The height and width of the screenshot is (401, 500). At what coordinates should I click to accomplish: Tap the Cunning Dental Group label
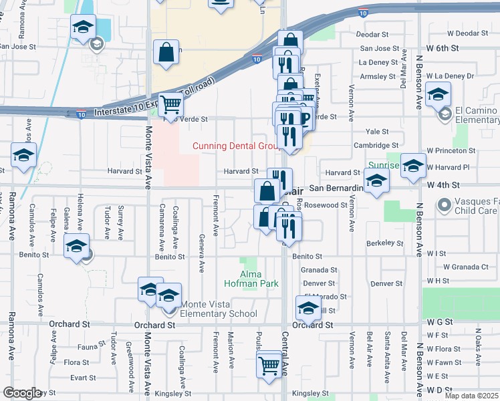[x=235, y=146]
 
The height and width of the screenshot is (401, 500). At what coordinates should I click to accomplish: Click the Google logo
[x=22, y=393]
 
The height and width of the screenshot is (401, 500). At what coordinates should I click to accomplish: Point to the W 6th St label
[x=444, y=49]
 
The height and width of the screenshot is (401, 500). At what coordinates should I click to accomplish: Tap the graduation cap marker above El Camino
[x=438, y=94]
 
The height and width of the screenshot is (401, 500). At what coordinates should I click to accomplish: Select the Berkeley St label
[x=384, y=243]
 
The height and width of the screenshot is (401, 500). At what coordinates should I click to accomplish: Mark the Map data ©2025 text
[x=472, y=396]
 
